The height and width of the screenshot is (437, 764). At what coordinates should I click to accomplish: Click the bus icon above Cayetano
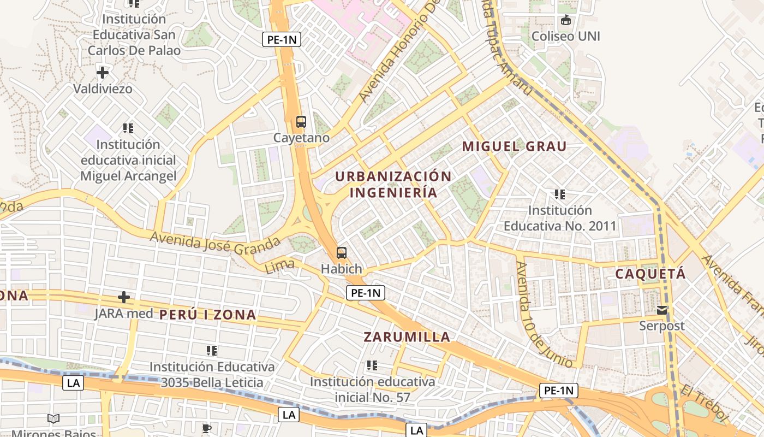pyautogui.click(x=301, y=121)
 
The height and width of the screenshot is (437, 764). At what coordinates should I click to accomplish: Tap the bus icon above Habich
pyautogui.click(x=342, y=252)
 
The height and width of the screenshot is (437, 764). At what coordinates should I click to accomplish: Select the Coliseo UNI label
pyautogui.click(x=566, y=36)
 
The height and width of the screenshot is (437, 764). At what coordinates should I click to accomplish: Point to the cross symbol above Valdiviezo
pyautogui.click(x=102, y=72)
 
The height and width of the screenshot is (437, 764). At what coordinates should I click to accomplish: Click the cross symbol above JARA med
pyautogui.click(x=124, y=297)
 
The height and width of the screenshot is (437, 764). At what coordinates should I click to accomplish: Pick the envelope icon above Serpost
pyautogui.click(x=662, y=310)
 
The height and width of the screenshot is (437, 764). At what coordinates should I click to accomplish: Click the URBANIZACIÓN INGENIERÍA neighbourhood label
pyautogui.click(x=393, y=185)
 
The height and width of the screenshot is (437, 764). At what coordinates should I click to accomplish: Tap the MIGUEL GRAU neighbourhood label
pyautogui.click(x=514, y=146)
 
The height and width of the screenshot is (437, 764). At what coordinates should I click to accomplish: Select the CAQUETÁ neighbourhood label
pyautogui.click(x=650, y=274)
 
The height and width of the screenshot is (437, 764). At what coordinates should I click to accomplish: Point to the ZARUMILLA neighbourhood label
pyautogui.click(x=407, y=337)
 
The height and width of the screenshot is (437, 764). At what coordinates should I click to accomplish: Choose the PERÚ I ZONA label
pyautogui.click(x=208, y=315)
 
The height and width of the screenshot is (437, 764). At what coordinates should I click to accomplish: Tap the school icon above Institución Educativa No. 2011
pyautogui.click(x=559, y=194)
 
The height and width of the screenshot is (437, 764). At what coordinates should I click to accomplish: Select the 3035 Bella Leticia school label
pyautogui.click(x=212, y=374)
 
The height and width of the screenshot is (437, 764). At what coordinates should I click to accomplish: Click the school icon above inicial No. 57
pyautogui.click(x=372, y=365)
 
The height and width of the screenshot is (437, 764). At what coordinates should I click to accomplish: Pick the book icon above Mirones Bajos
pyautogui.click(x=53, y=419)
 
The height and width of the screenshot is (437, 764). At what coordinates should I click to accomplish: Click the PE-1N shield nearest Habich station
pyautogui.click(x=366, y=293)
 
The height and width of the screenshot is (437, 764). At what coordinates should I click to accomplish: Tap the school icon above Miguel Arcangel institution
pyautogui.click(x=128, y=128)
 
